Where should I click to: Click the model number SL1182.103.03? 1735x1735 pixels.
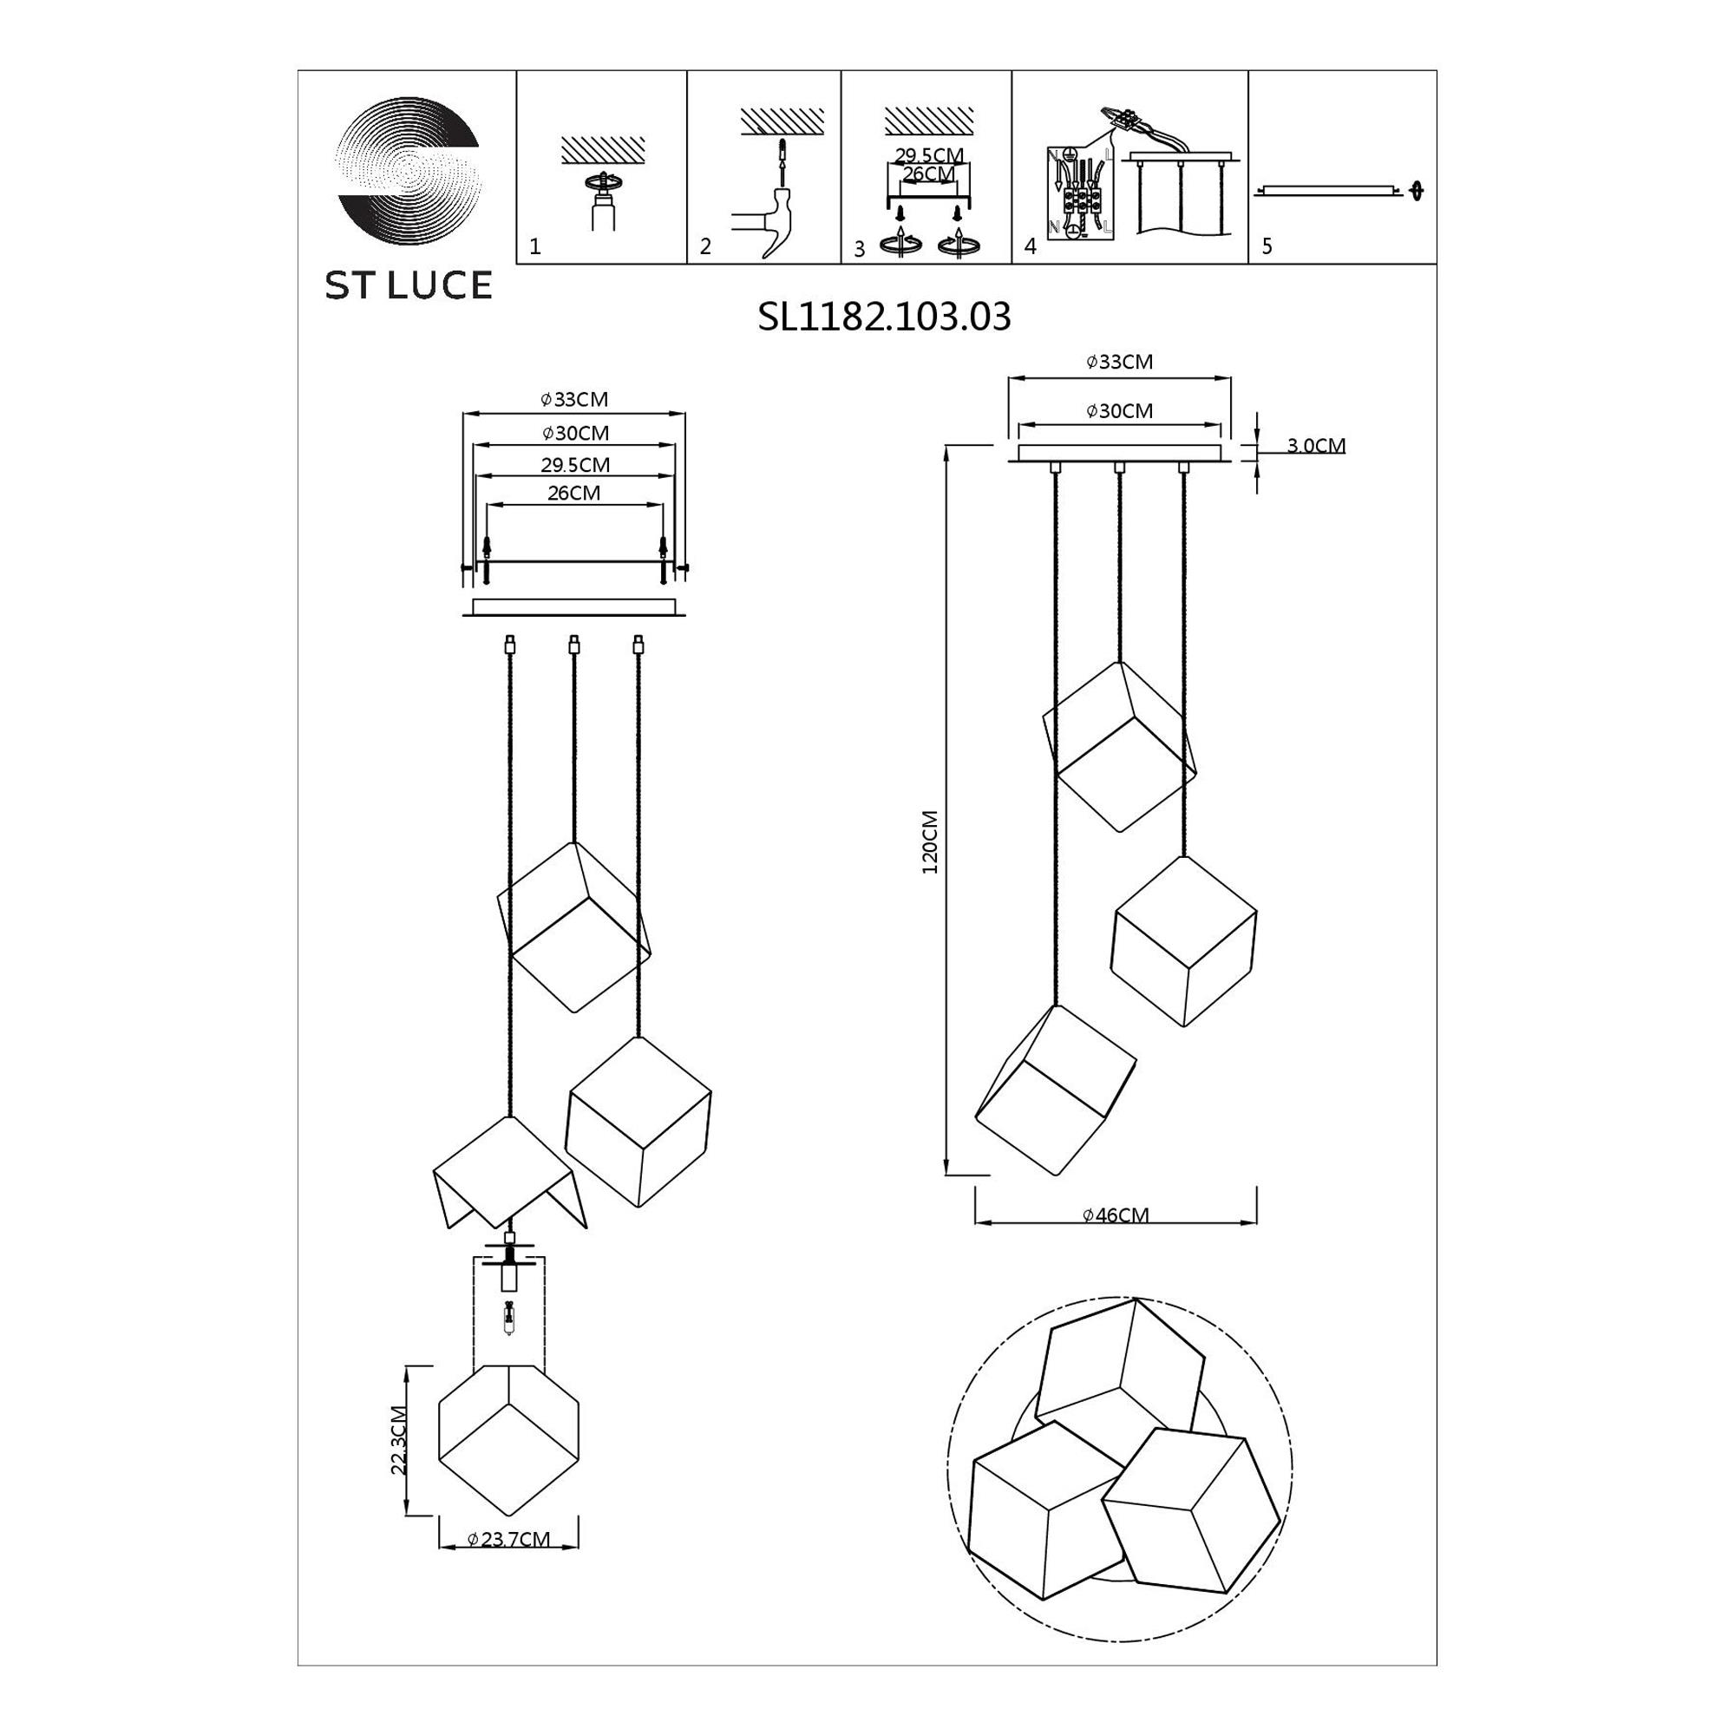[x=884, y=317]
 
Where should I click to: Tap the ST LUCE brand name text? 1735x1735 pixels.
[x=409, y=285]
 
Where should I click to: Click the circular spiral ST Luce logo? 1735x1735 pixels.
[x=409, y=172]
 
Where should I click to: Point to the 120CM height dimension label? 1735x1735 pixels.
[x=930, y=841]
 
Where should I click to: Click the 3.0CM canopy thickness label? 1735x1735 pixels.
[x=1316, y=445]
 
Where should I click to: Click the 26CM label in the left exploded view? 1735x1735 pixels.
[x=573, y=493]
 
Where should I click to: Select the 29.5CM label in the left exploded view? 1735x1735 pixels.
[x=575, y=465]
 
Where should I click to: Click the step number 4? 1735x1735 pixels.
[x=1030, y=247]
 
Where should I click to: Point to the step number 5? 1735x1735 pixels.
[x=1267, y=247]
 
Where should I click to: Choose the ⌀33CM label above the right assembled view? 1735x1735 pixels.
[x=1119, y=362]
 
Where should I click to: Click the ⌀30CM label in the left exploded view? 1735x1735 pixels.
[x=576, y=434]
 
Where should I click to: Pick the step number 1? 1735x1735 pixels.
[x=535, y=247]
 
